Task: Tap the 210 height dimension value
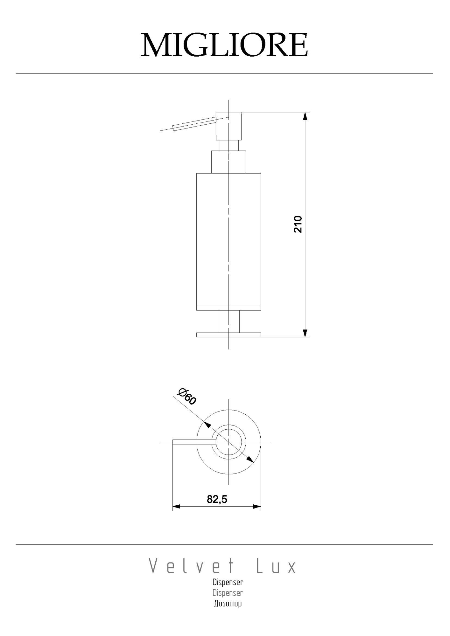pyautogui.click(x=298, y=224)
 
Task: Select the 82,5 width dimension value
pyautogui.click(x=217, y=499)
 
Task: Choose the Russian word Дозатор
pyautogui.click(x=228, y=603)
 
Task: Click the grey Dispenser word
pyautogui.click(x=228, y=593)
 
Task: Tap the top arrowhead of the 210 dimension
pyautogui.click(x=305, y=116)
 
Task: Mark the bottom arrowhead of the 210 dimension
pyautogui.click(x=305, y=333)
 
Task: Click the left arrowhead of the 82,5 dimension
pyautogui.click(x=176, y=506)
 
